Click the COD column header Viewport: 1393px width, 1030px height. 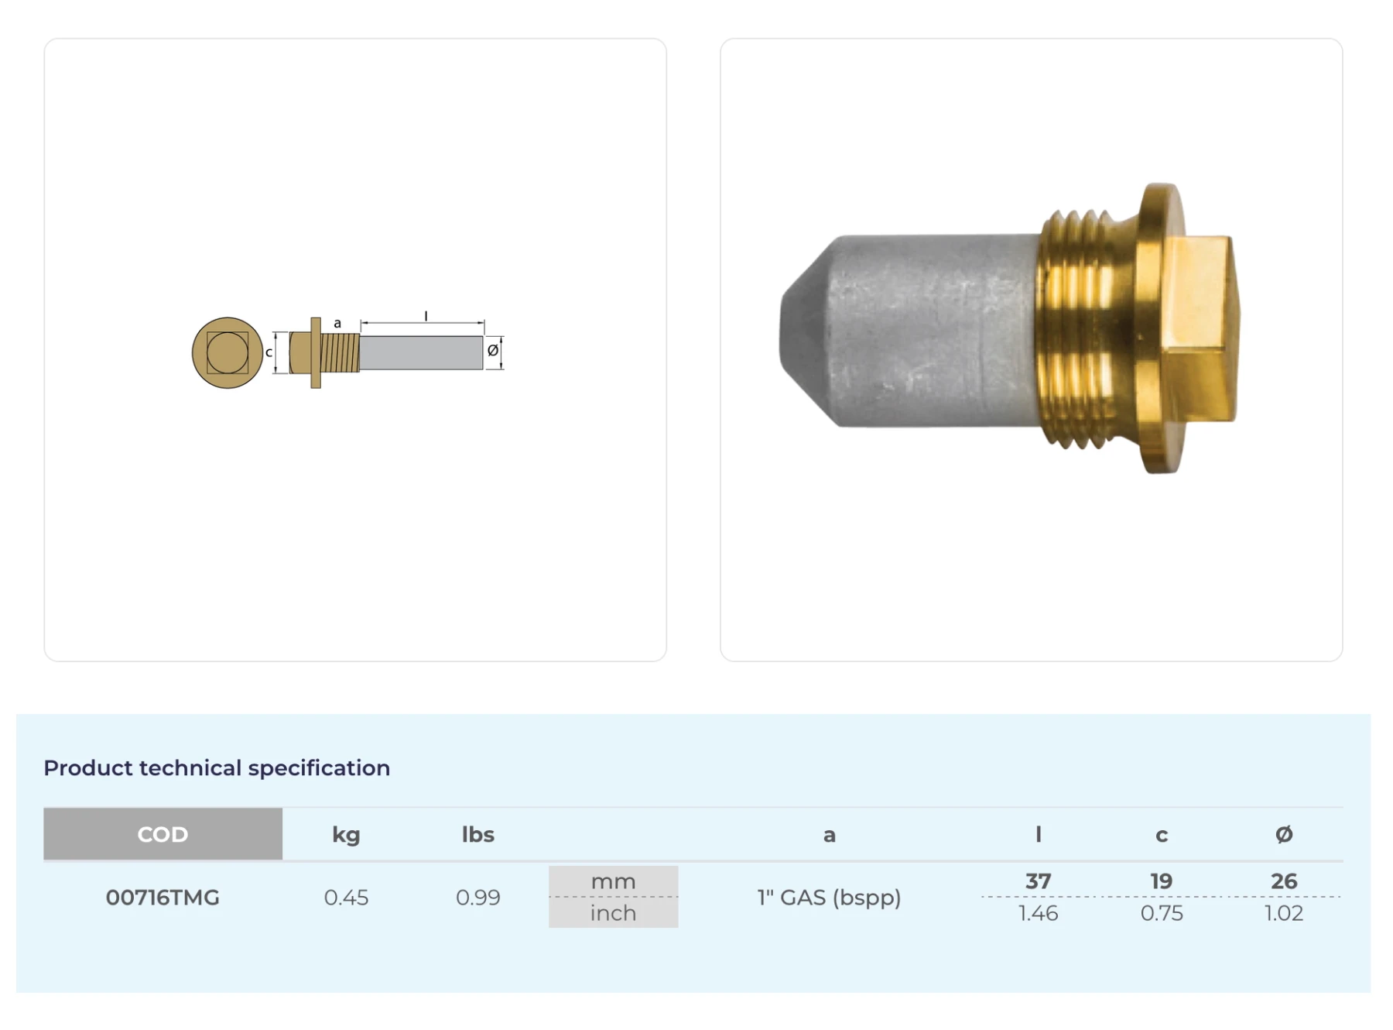click(163, 834)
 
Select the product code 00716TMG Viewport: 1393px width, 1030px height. click(163, 898)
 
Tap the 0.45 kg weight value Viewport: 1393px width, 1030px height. click(346, 898)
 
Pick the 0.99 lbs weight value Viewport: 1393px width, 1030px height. click(477, 898)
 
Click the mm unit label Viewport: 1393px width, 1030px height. click(613, 881)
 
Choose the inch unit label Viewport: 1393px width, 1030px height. click(613, 913)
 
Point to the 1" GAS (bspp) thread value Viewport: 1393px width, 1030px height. click(829, 898)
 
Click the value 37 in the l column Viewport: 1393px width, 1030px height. click(1038, 881)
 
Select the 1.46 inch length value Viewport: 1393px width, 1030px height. click(1038, 913)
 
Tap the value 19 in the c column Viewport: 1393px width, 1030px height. click(1161, 881)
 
